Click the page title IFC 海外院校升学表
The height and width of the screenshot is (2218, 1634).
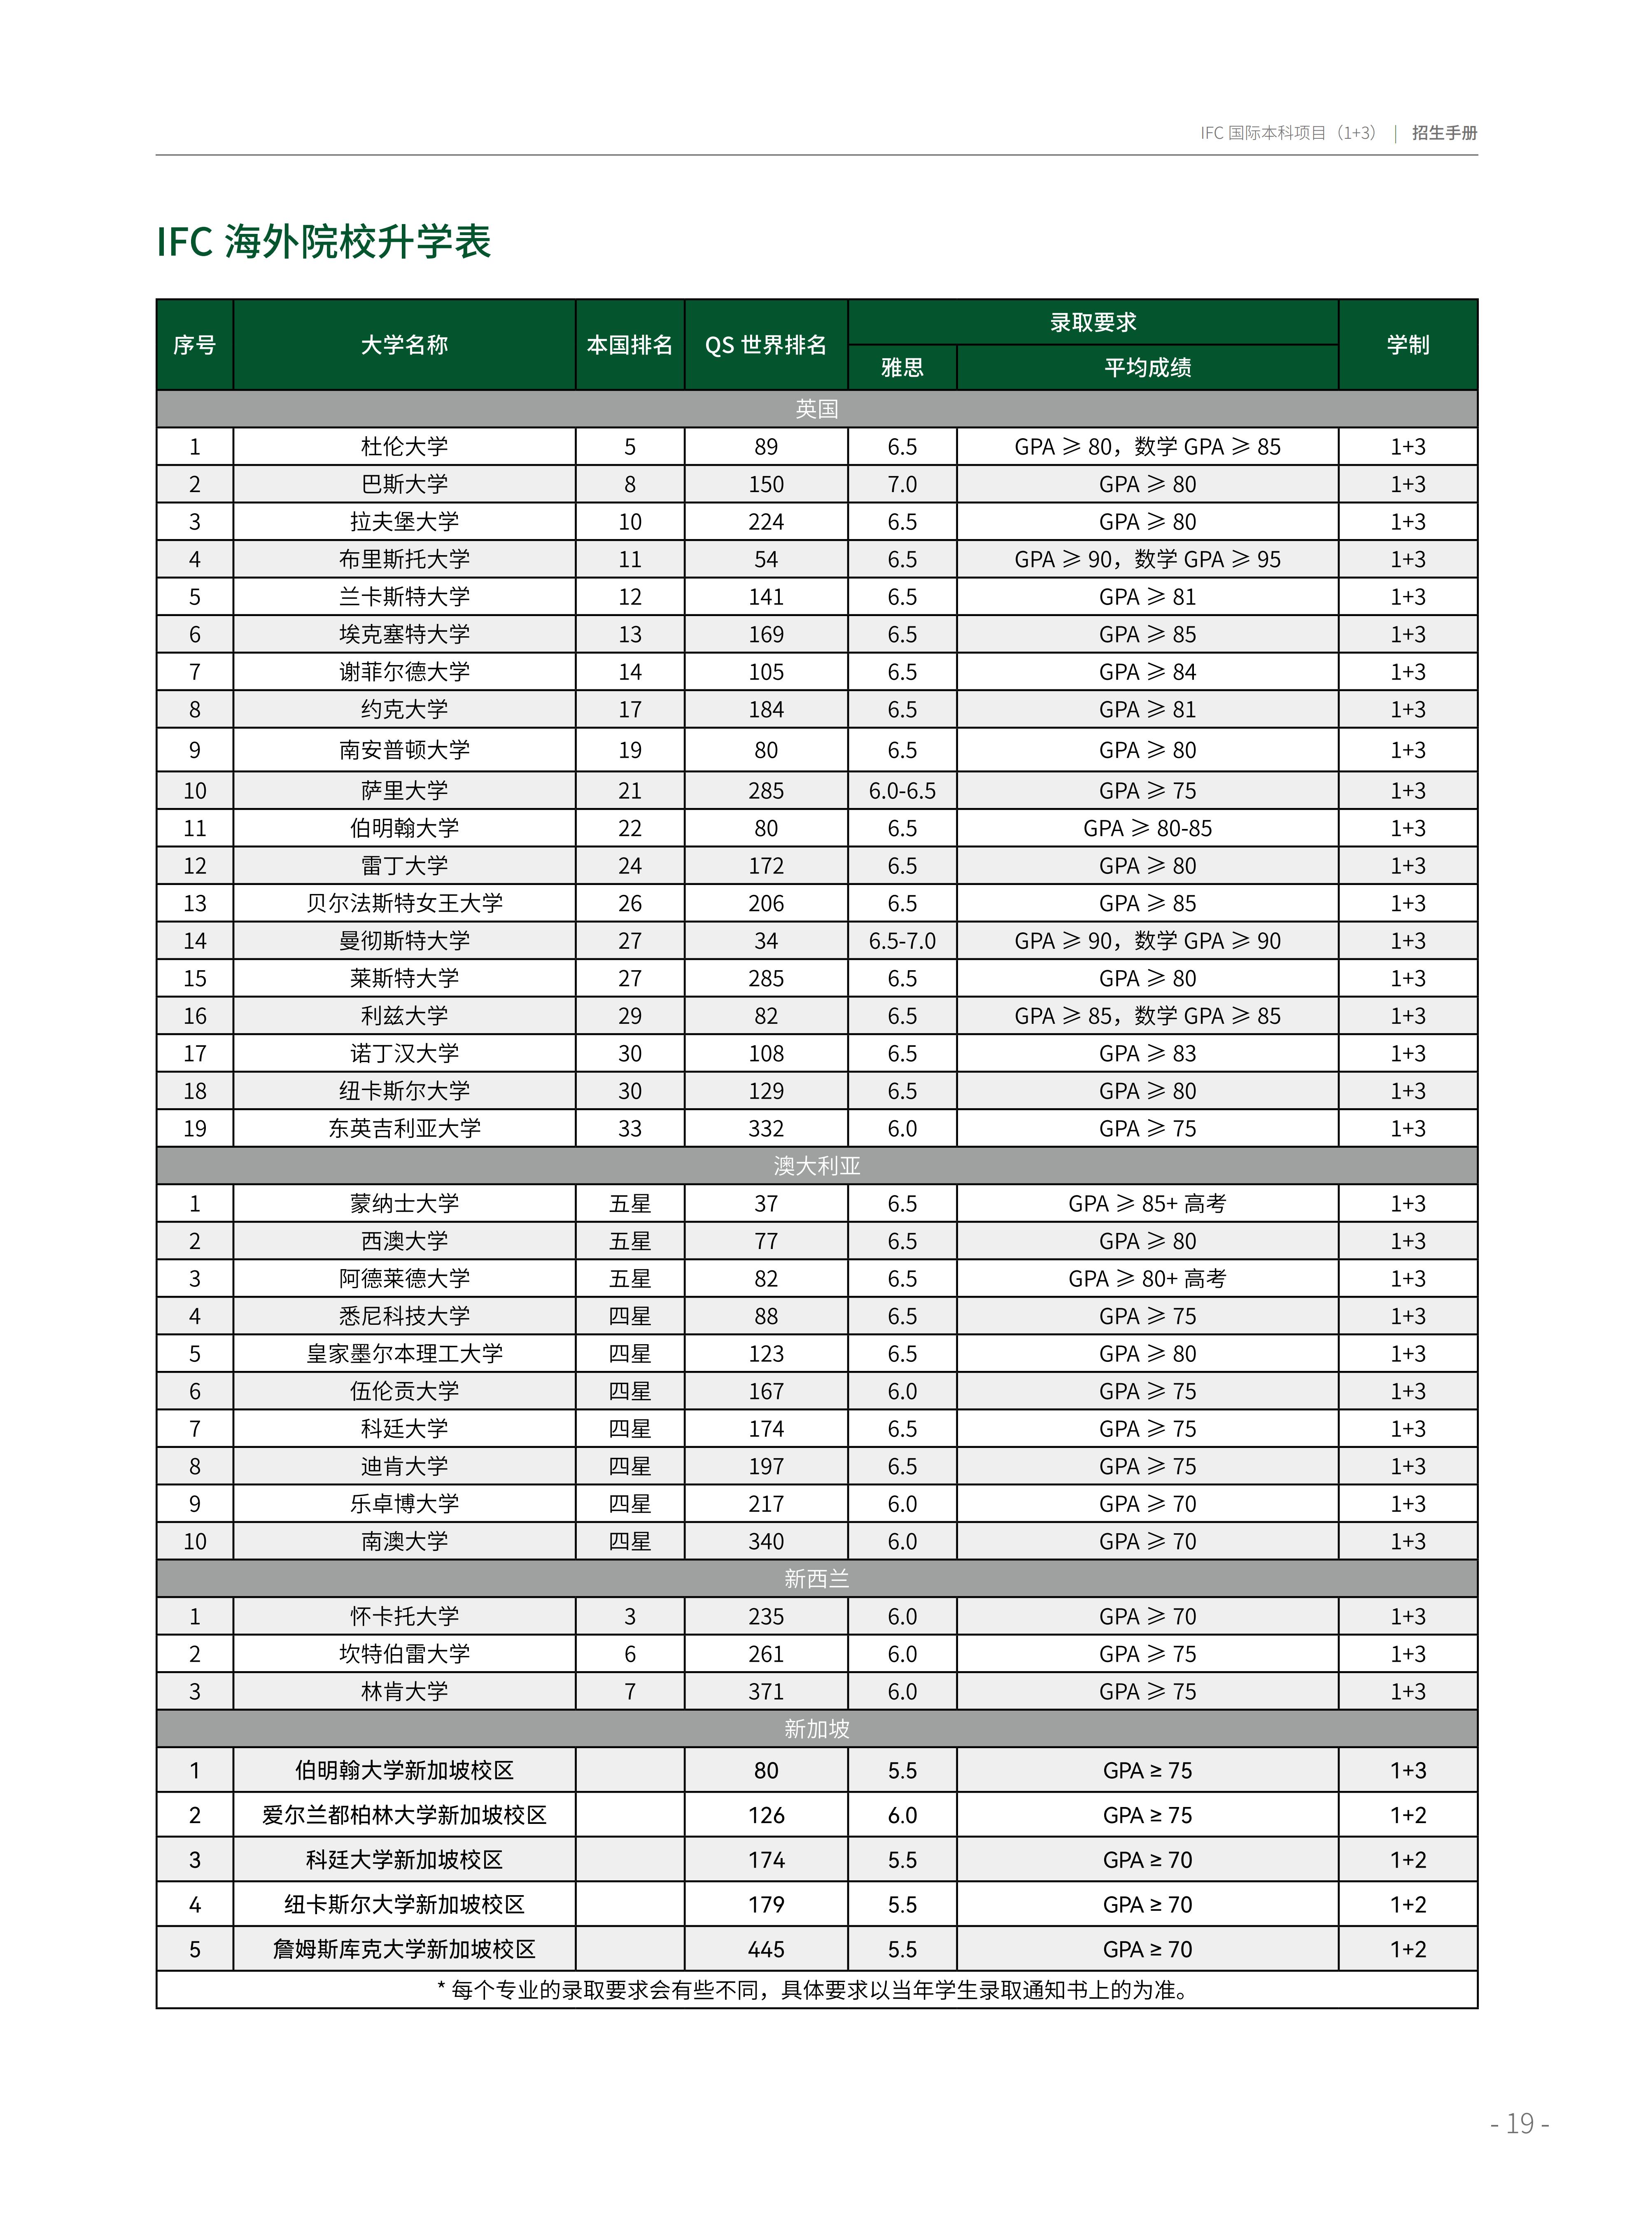coord(324,241)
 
